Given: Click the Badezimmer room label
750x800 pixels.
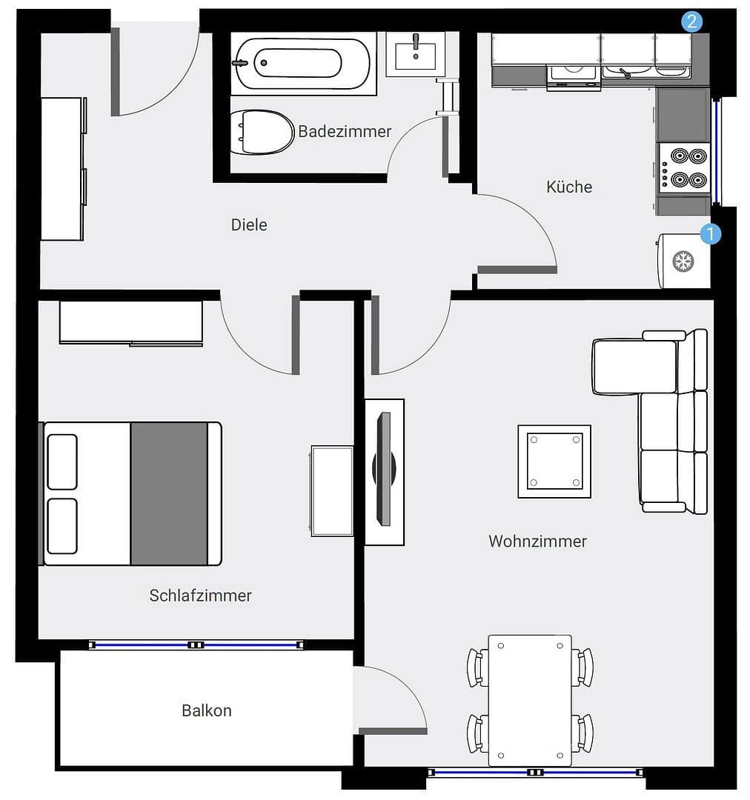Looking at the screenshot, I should pos(345,132).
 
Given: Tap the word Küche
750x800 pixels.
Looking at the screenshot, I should pos(569,187).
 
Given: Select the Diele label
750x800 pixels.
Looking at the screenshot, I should pos(249,225).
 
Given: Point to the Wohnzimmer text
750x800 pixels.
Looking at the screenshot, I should pos(537,541).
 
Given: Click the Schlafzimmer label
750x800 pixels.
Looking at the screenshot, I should pos(200,596).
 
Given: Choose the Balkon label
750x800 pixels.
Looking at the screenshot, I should pos(207,710).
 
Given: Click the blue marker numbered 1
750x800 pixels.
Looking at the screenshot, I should pos(710,234).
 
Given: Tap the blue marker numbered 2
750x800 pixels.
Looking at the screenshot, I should pos(691,21).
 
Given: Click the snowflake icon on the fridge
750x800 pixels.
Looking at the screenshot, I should pos(682,261).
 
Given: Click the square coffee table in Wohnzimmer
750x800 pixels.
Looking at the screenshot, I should pos(554,461).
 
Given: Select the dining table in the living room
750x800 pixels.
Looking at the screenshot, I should pos(530,700).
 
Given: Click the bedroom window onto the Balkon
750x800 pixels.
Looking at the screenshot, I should pos(196,645).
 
